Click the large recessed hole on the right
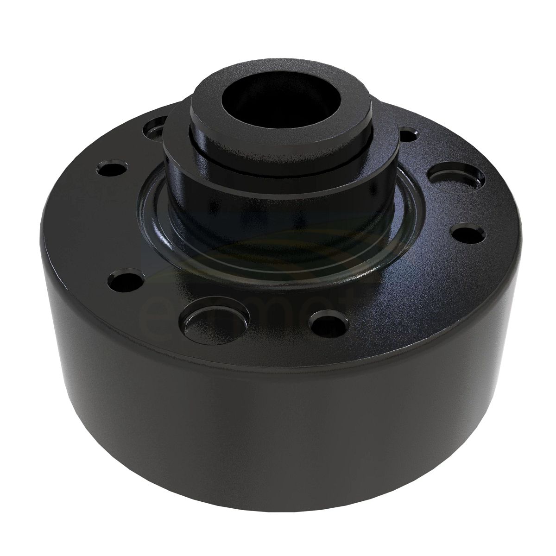tap(456, 178)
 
